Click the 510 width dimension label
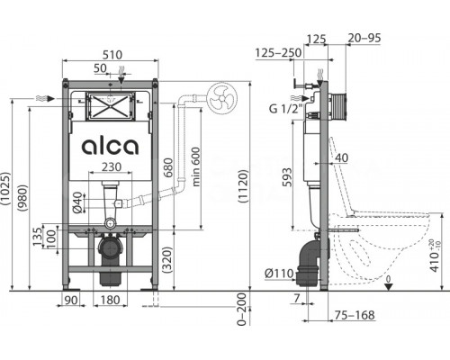[112, 55]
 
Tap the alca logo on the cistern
[110, 147]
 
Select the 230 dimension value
[112, 166]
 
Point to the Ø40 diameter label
[77, 202]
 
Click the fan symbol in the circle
[221, 98]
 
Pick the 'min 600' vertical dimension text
[195, 166]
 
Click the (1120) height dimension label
[243, 186]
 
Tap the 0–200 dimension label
[242, 310]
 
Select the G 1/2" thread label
[284, 108]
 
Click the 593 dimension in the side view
[287, 177]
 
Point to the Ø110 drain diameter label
[279, 274]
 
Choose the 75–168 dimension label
[355, 315]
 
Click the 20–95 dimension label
[364, 38]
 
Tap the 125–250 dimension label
[278, 53]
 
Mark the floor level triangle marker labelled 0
[389, 287]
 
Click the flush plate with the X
[111, 106]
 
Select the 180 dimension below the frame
[111, 300]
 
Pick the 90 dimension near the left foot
[71, 300]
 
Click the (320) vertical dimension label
[167, 260]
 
